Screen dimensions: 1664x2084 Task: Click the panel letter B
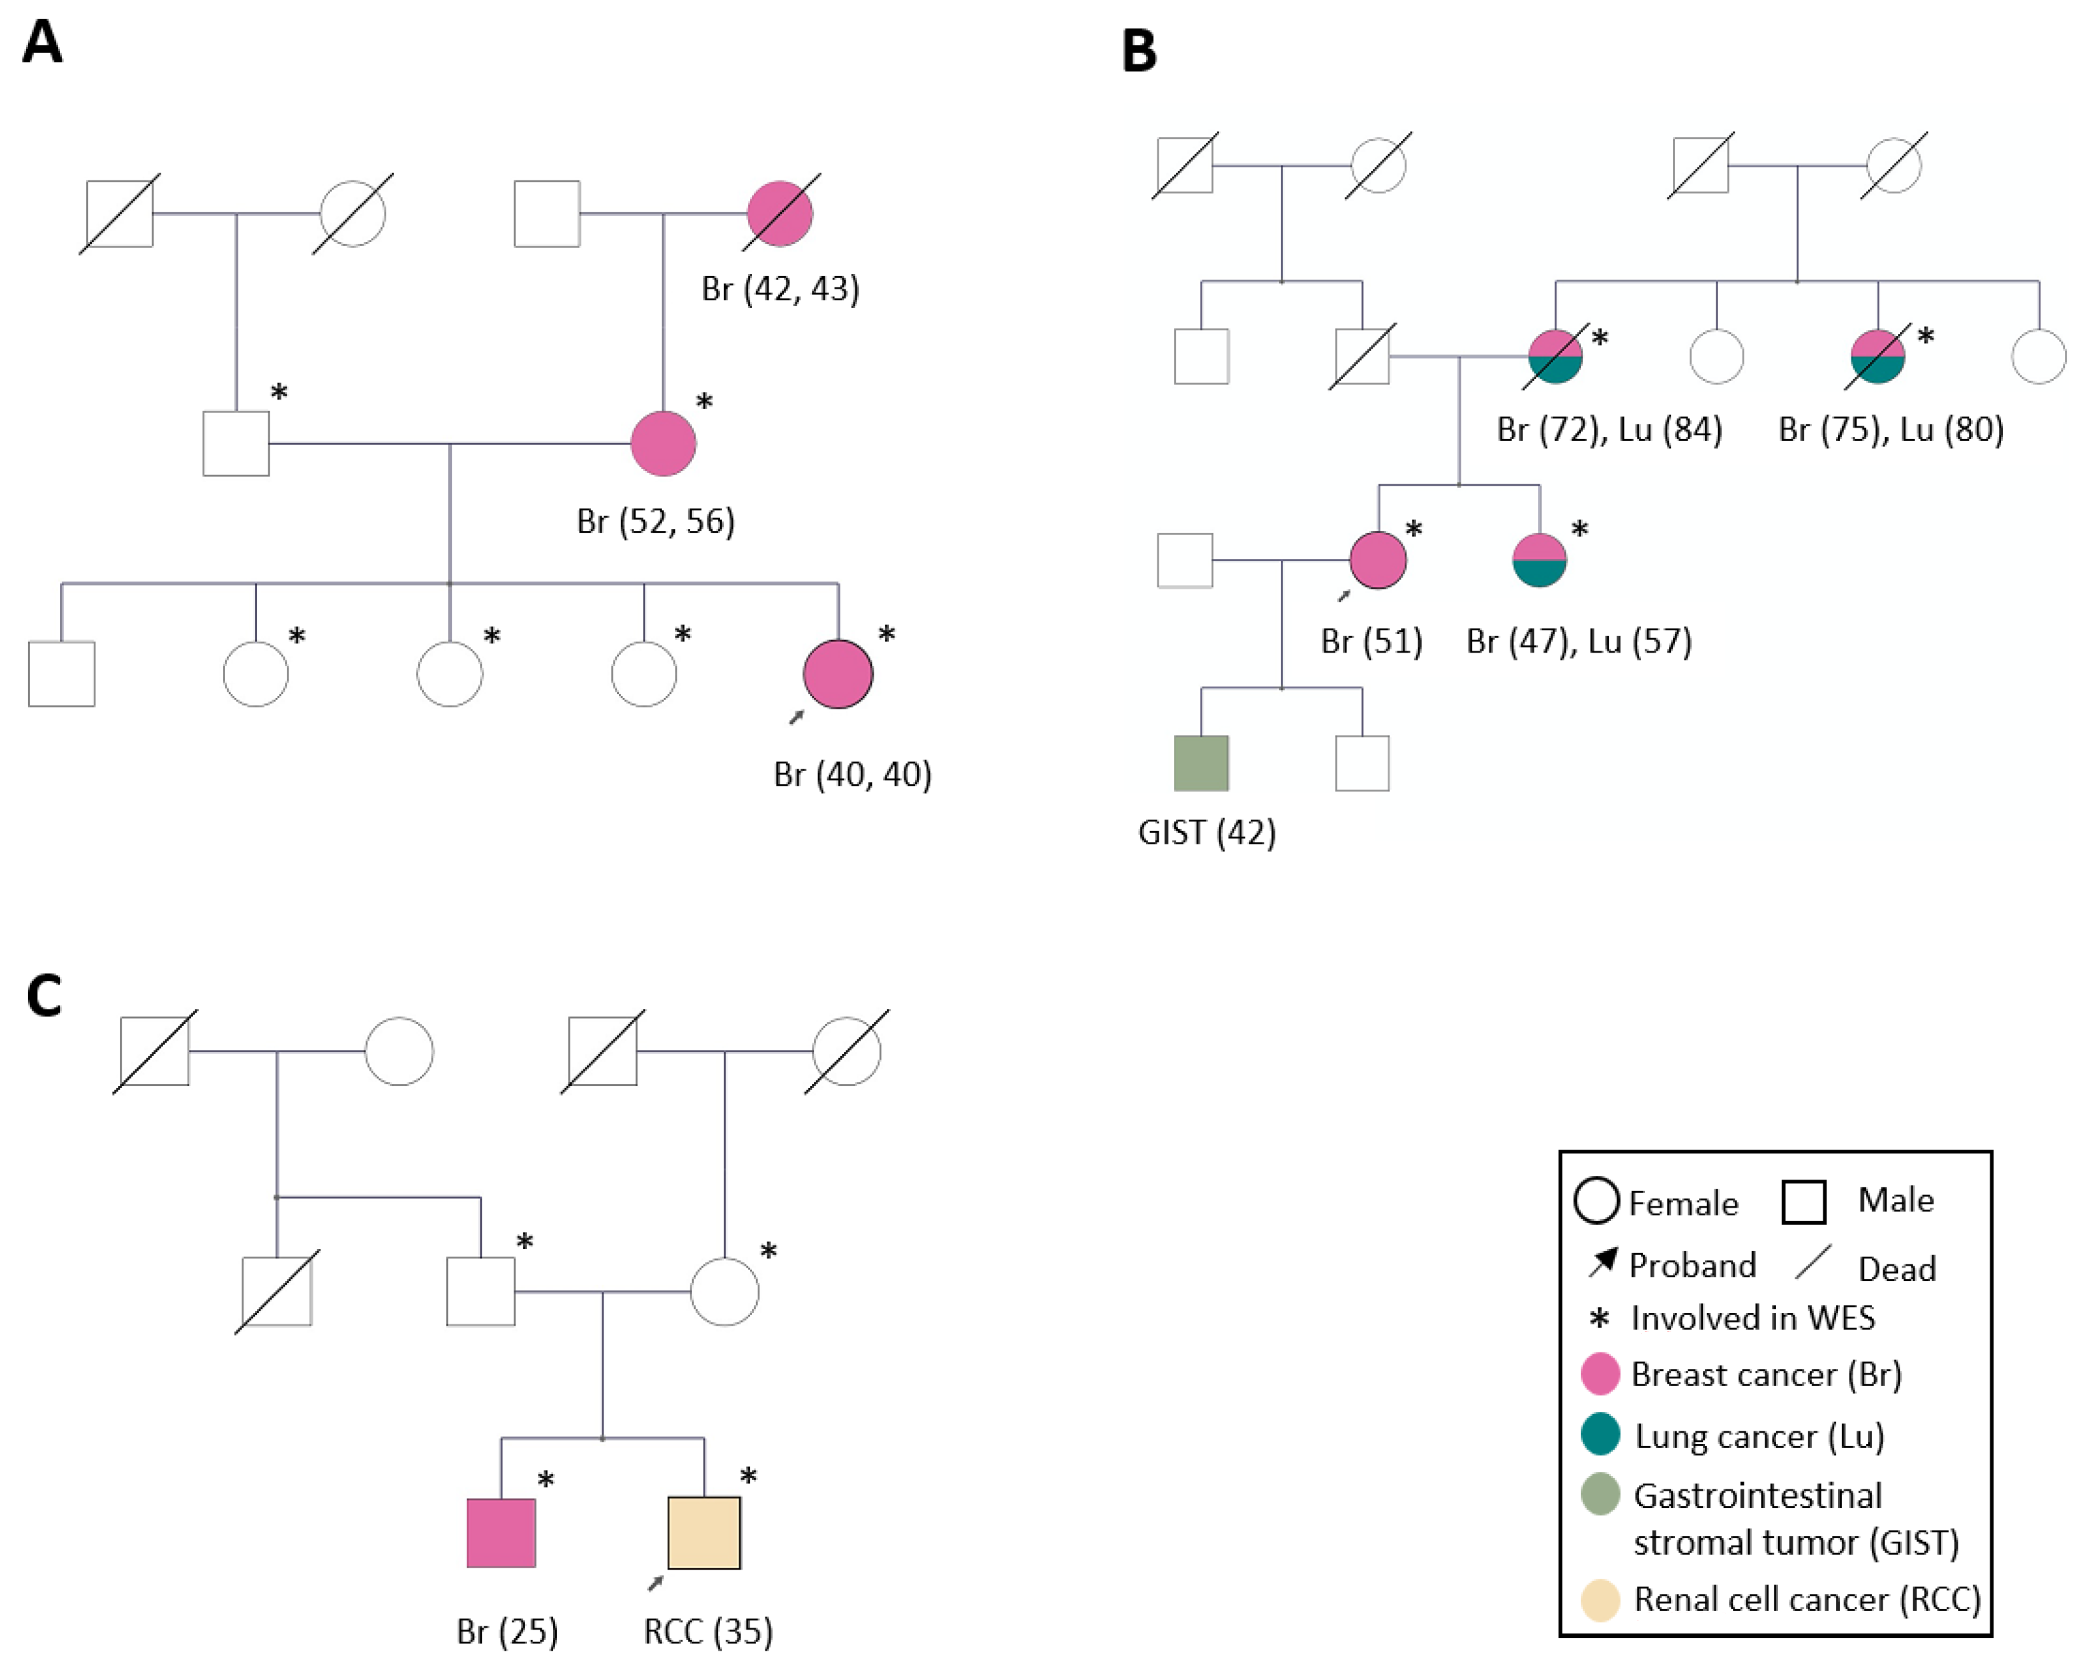tap(1139, 51)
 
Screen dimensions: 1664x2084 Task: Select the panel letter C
tap(43, 996)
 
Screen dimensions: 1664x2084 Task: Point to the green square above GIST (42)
tap(1201, 763)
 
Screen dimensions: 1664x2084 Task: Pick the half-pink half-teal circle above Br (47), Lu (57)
tap(1539, 560)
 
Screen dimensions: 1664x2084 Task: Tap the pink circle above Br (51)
tap(1377, 560)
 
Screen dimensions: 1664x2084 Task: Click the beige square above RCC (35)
tap(704, 1533)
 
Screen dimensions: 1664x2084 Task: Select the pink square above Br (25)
tap(501, 1533)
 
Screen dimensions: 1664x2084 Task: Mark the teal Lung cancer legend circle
tap(1600, 1435)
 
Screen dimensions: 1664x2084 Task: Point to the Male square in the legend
tap(1803, 1202)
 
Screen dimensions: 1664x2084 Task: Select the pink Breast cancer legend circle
tap(1600, 1374)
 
